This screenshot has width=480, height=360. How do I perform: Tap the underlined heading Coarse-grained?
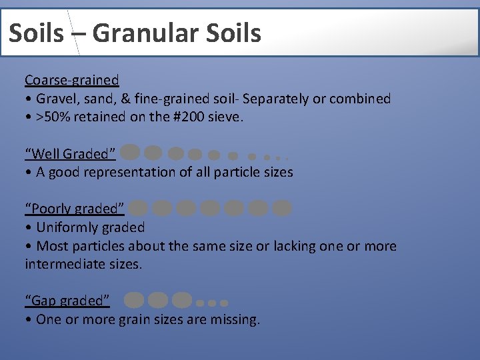click(x=72, y=80)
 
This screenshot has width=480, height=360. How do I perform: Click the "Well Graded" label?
click(x=71, y=154)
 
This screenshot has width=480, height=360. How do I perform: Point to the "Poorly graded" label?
click(x=75, y=209)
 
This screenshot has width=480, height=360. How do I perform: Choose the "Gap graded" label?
click(x=67, y=301)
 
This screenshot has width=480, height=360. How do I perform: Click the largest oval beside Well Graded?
click(x=131, y=153)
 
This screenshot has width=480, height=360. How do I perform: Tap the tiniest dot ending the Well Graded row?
click(x=286, y=158)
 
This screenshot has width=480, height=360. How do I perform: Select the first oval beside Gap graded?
click(x=134, y=301)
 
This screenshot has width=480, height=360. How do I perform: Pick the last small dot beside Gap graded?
click(x=224, y=303)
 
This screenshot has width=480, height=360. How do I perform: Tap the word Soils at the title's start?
click(x=36, y=33)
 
